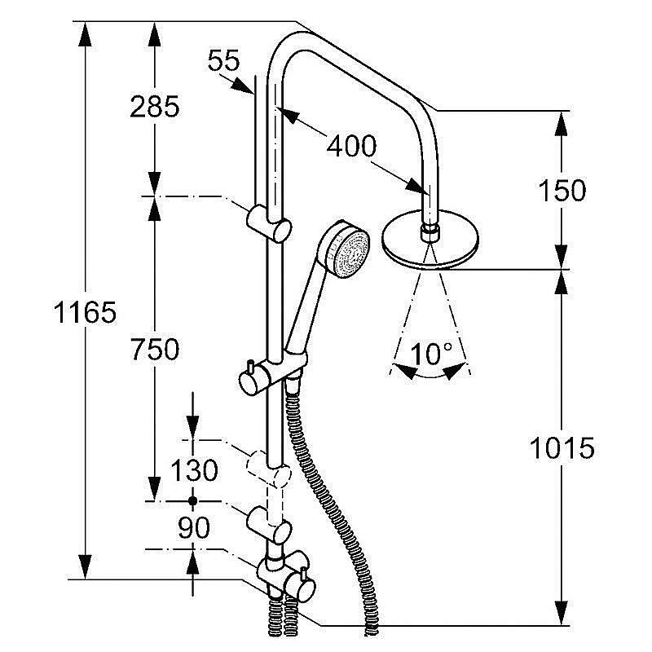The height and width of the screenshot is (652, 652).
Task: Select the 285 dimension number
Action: point(153,106)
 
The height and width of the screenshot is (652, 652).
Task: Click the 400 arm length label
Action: point(351,147)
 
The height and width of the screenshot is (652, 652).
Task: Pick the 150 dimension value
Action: point(562,191)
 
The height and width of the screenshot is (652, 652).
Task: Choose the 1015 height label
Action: point(562,447)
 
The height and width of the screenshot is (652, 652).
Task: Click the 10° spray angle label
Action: point(431,354)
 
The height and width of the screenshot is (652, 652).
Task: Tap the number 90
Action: point(193,528)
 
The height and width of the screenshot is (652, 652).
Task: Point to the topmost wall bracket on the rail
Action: point(268,221)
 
